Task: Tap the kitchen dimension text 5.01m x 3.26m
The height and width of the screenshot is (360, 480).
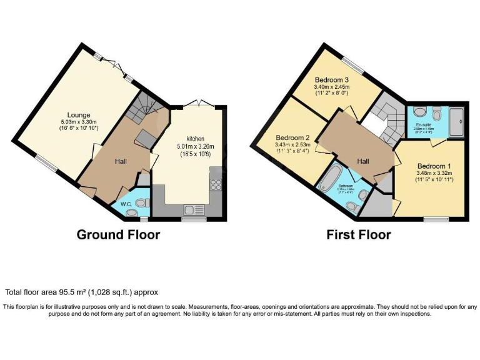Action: (195, 146)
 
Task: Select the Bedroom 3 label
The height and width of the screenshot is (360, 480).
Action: (331, 79)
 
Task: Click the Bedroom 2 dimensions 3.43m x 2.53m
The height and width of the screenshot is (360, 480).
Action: (292, 145)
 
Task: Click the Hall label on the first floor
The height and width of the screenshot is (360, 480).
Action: (363, 161)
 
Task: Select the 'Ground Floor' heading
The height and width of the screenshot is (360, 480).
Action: (118, 235)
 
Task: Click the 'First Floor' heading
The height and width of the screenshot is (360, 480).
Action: (359, 235)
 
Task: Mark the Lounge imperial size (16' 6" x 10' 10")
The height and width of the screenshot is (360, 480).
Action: (79, 127)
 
